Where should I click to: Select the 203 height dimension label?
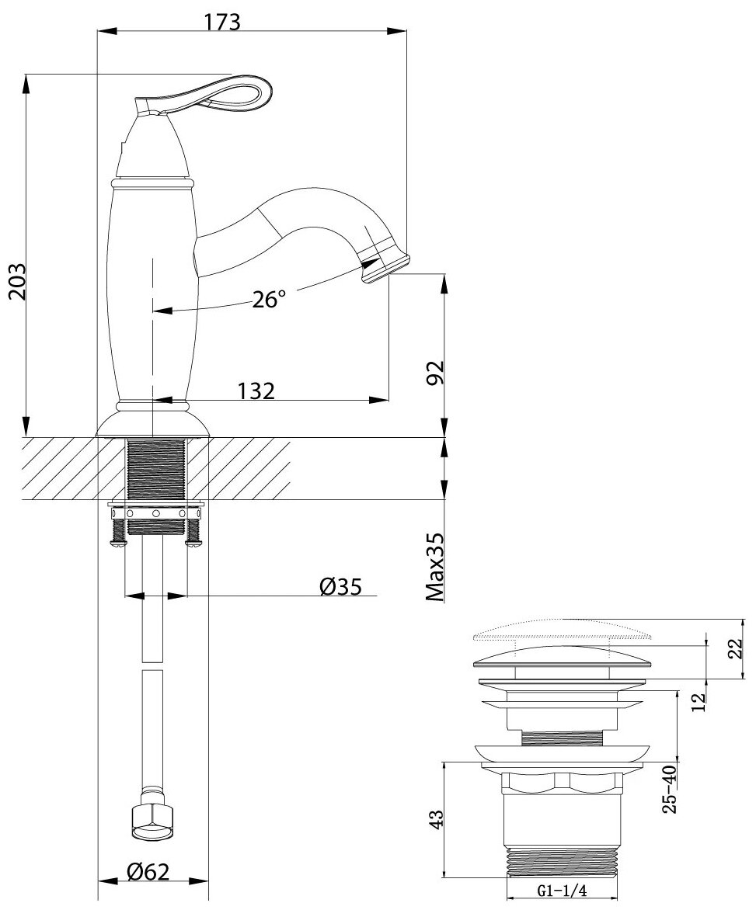[x=18, y=281]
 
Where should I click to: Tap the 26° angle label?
[x=269, y=300]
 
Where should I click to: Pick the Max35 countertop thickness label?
[x=435, y=567]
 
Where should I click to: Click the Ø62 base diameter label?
[x=148, y=873]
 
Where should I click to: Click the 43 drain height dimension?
[x=437, y=819]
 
